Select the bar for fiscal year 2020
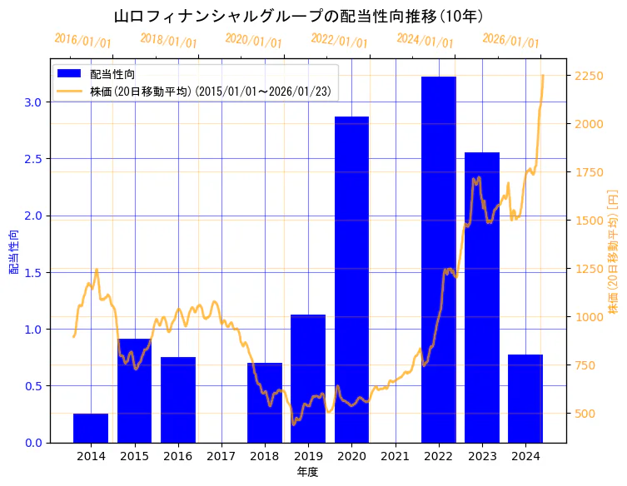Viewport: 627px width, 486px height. coord(351,280)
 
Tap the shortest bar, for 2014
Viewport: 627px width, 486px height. coord(91,428)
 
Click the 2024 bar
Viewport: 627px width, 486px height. coord(525,399)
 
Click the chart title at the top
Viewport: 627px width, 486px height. coord(298,16)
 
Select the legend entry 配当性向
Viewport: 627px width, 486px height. coord(112,74)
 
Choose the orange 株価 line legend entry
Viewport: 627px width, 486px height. coord(212,91)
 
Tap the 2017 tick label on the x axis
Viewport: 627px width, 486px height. coord(221,456)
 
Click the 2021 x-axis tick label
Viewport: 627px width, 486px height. coord(396,456)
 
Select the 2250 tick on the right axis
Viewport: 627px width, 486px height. coord(590,76)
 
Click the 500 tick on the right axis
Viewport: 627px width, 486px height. coord(586,414)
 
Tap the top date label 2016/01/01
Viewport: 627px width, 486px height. coord(82,40)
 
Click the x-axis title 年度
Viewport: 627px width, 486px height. coord(307,472)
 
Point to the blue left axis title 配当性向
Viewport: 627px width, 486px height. coord(14,250)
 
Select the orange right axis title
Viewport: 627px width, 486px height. coord(614,250)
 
